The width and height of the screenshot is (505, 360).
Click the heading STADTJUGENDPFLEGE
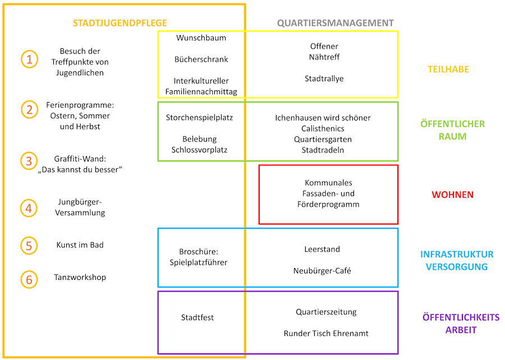120,23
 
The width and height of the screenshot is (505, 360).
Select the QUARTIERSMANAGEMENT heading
336,23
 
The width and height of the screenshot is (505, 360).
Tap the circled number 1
30,59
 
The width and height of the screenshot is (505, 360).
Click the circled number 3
29,161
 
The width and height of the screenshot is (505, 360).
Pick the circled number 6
29,279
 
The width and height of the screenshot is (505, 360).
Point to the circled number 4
29,208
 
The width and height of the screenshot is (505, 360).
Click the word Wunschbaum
201,38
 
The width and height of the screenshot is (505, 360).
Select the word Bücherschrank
201,59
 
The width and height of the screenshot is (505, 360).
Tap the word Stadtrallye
324,79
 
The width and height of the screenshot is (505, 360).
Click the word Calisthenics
323,128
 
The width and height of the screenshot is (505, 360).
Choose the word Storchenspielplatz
199,117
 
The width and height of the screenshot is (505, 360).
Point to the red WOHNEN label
452,195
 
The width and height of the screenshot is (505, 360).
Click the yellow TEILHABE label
448,69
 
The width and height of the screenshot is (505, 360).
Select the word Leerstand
322,249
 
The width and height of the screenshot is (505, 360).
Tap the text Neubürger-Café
322,271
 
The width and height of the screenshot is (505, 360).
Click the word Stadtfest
198,317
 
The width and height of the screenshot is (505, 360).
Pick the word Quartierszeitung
326,312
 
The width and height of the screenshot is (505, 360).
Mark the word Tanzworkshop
80,277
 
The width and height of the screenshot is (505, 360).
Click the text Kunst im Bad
80,245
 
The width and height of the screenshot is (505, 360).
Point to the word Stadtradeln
323,150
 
